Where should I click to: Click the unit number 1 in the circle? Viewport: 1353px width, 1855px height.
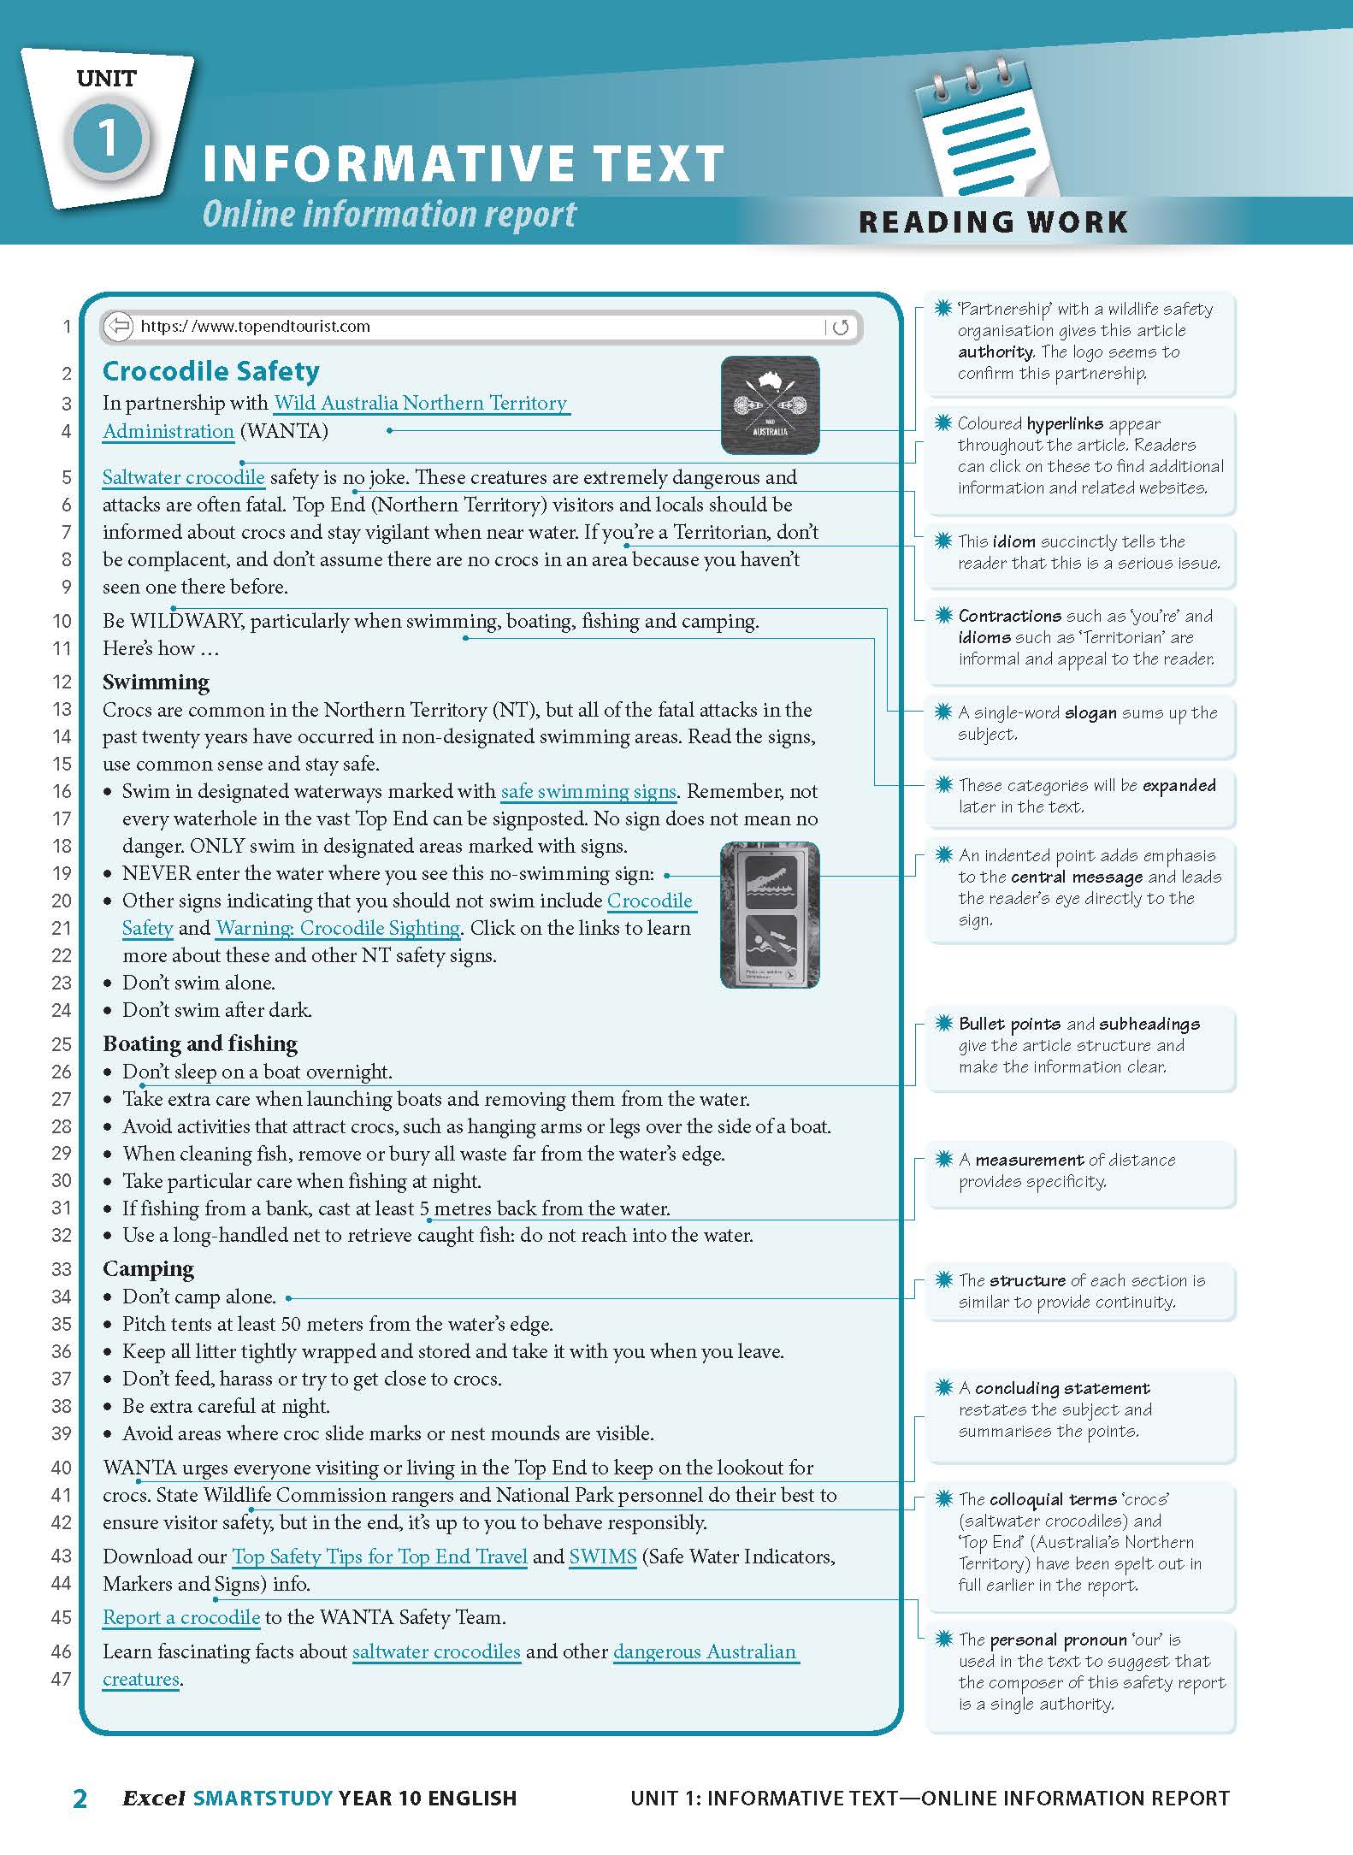(108, 138)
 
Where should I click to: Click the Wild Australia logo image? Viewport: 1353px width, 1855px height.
(770, 405)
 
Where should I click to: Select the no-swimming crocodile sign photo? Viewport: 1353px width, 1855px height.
(770, 915)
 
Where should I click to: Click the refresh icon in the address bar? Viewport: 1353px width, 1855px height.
(841, 327)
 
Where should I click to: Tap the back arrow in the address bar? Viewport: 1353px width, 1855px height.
(120, 326)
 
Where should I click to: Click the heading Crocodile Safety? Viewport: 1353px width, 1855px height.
(210, 371)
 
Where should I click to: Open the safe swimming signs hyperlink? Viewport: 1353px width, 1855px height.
(588, 791)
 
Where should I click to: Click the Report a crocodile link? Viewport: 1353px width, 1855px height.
(180, 1617)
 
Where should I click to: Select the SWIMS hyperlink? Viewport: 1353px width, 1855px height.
(602, 1557)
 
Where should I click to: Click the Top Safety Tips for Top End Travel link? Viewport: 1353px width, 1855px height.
(379, 1557)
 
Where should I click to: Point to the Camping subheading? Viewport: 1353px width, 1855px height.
(148, 1268)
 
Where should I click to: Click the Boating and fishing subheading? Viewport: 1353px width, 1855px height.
(200, 1043)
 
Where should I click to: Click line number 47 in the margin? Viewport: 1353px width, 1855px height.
(61, 1679)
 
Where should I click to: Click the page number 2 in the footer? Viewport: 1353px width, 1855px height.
(80, 1799)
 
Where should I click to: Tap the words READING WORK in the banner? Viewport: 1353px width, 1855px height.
(993, 222)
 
